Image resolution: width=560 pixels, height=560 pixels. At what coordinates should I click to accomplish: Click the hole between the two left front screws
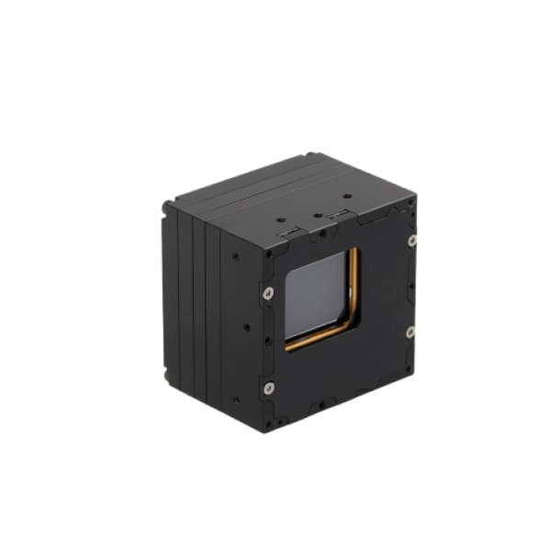pos(266,340)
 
